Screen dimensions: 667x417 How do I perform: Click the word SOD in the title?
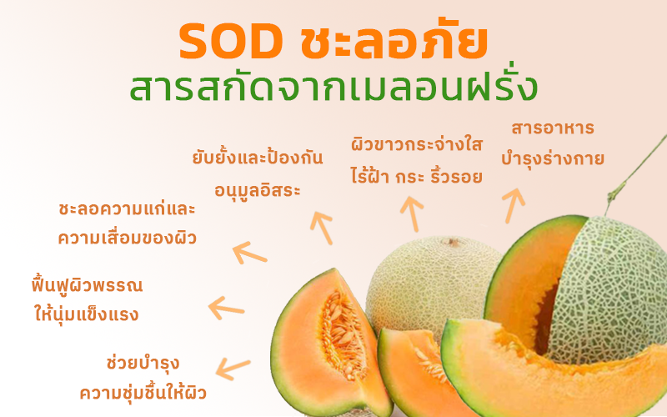231,42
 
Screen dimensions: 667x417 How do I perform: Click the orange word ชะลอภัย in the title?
394,38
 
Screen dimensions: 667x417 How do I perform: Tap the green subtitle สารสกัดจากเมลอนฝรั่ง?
334,86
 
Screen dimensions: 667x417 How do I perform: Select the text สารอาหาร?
553,128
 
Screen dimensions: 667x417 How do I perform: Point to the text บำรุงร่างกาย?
553,158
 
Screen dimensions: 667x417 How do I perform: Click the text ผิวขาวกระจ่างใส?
417,144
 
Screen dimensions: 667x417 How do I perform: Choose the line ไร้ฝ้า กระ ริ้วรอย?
417,175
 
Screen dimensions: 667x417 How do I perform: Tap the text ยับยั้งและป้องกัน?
258,157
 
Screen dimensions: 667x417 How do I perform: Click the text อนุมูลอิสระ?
258,190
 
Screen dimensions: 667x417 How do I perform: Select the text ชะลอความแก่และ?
127,209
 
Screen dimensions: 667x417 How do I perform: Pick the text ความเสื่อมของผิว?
127,238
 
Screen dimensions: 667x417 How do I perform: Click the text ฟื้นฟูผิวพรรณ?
88,284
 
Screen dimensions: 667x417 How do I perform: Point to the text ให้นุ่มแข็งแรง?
87,314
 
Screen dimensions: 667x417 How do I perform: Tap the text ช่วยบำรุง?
143,363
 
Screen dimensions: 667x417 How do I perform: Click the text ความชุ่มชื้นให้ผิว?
143,392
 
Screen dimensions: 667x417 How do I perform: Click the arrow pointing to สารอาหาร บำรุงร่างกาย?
513,205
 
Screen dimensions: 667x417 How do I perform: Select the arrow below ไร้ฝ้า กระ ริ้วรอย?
412,214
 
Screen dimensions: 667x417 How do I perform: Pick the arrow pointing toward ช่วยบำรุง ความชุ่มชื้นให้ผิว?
233,369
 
